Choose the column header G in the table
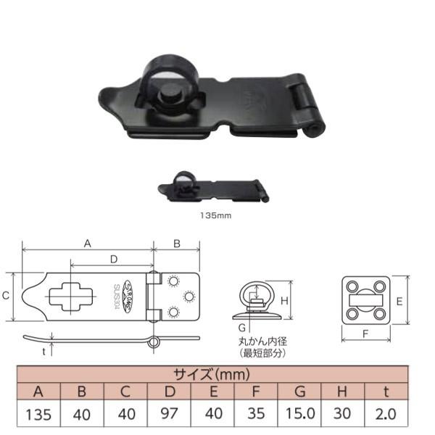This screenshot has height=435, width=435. [x=299, y=393]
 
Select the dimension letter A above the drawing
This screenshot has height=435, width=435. [x=88, y=244]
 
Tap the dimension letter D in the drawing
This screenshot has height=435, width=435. [x=113, y=259]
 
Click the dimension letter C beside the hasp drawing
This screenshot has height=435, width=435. [x=6, y=296]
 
